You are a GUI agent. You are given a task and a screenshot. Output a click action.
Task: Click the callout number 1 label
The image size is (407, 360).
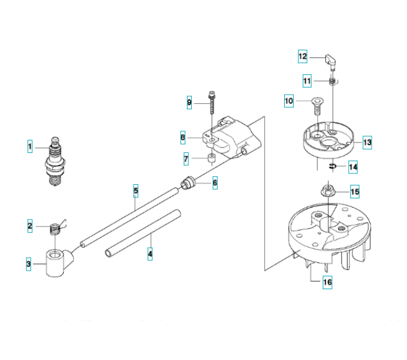click(x=30, y=146)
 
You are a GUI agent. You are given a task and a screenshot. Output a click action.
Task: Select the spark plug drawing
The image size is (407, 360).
click(x=55, y=161)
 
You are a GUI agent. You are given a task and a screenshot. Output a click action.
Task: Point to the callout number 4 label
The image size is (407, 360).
click(x=150, y=254)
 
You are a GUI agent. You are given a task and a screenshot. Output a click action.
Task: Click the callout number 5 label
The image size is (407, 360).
click(x=135, y=191)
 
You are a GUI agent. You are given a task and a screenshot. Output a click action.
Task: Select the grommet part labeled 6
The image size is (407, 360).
click(x=188, y=182)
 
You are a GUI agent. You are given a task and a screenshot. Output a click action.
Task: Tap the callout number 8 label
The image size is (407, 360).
click(x=183, y=137)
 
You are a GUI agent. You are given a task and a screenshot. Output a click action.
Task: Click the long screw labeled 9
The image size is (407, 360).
click(x=212, y=103)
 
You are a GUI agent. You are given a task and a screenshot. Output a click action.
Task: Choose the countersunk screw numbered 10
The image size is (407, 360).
click(x=317, y=106)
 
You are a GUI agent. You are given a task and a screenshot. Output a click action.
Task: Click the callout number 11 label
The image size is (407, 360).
click(x=307, y=81)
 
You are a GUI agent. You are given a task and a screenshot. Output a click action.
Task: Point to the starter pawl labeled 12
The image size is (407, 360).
click(x=330, y=62)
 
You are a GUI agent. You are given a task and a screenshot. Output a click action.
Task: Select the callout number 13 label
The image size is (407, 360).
click(x=367, y=142)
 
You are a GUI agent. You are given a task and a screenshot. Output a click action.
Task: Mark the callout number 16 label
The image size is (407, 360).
click(x=327, y=282)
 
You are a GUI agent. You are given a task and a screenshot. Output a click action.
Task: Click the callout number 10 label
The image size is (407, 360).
click(x=289, y=101)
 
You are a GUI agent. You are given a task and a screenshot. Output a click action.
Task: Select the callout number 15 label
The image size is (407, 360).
click(x=355, y=192)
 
